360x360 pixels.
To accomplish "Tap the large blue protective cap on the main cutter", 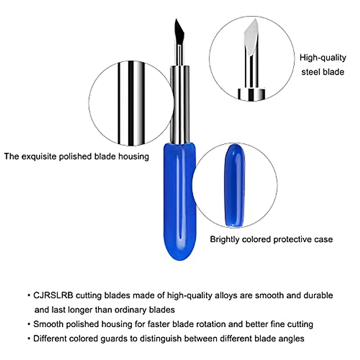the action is (x=179, y=201).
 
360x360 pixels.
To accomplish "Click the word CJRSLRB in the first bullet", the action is (x=53, y=295).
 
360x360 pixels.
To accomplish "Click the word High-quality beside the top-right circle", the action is (x=323, y=58).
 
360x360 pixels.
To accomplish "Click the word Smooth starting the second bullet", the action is (x=48, y=324).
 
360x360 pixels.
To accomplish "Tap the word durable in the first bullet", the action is (x=318, y=295).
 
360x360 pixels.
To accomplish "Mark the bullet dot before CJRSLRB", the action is (x=29, y=296).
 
